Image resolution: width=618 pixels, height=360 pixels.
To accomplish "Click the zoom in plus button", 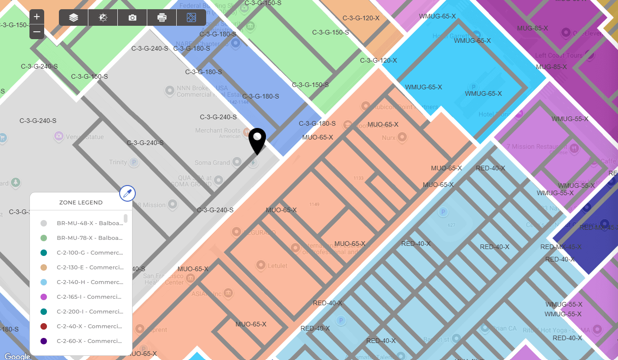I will click(x=37, y=17).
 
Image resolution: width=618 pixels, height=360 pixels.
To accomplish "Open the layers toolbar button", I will click(x=74, y=17).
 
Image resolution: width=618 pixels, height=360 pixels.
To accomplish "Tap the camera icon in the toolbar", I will click(x=133, y=17).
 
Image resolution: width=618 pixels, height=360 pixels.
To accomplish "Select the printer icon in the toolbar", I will click(x=162, y=17).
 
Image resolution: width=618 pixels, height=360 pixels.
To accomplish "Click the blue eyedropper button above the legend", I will click(x=127, y=194).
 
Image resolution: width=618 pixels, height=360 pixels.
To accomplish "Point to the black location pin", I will click(x=257, y=140).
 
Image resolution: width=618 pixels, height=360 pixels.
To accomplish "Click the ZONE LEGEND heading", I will click(x=81, y=203).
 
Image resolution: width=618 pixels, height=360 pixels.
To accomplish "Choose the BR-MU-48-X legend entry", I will click(x=90, y=223).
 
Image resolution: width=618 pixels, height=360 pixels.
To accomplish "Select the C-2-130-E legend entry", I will click(x=90, y=267).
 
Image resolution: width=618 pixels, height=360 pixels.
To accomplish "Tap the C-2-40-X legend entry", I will click(x=89, y=326).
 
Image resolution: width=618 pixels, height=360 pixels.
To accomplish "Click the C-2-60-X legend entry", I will click(x=89, y=341).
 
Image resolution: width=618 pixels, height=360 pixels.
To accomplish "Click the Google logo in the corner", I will click(x=17, y=356).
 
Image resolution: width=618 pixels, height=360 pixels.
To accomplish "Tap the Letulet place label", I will click(x=277, y=266).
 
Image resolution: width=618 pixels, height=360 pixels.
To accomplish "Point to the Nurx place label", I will click(x=389, y=138).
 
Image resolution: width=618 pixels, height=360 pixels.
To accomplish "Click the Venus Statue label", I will click(x=85, y=137).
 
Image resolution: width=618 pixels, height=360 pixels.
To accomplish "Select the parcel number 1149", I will click(x=314, y=204).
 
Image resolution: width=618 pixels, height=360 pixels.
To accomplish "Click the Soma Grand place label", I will click(x=212, y=163).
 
